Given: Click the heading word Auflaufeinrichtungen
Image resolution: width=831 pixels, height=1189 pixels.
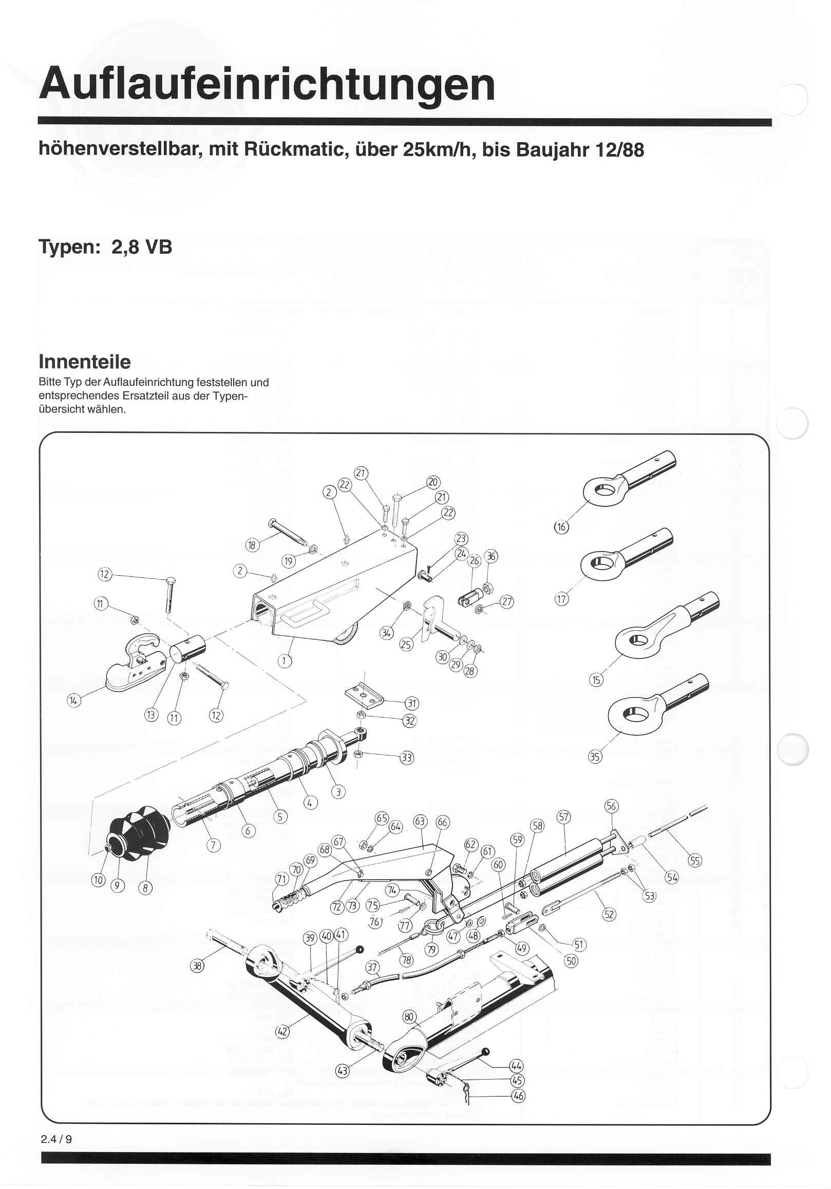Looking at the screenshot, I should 267,84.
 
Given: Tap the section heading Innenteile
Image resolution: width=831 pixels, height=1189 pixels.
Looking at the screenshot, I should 84,362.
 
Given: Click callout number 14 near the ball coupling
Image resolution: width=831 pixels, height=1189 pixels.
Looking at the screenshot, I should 74,701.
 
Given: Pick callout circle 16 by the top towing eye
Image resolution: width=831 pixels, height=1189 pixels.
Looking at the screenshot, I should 561,527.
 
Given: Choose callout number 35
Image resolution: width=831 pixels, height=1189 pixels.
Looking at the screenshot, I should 595,757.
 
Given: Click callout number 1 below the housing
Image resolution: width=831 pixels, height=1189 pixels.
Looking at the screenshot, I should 284,661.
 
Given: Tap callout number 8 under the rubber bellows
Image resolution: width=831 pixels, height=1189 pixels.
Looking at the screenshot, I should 145,888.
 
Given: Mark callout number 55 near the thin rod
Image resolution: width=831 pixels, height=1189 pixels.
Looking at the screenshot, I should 694,860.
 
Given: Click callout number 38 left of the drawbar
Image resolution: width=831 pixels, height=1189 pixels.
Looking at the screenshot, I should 197,965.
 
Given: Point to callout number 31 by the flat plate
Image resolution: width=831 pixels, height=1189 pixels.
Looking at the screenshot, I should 411,703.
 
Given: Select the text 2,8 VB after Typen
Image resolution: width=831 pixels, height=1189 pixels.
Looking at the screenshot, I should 141,247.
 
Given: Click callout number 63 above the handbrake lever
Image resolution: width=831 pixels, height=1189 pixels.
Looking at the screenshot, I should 420,821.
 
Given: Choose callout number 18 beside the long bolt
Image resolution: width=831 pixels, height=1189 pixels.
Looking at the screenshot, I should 252,545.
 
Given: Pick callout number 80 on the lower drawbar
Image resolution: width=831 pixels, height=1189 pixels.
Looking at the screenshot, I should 409,1016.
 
